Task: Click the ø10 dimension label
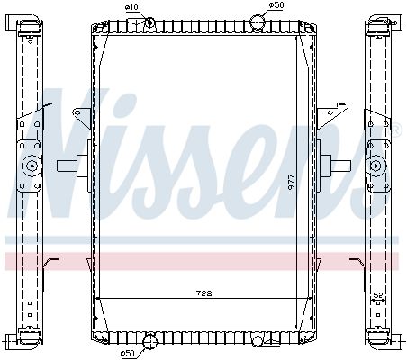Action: [x=131, y=7]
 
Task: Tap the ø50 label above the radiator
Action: [x=276, y=5]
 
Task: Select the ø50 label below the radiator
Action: [x=127, y=354]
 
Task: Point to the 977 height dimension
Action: [x=291, y=182]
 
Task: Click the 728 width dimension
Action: [x=204, y=292]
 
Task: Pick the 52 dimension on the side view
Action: [x=378, y=295]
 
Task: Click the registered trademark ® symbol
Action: [x=396, y=130]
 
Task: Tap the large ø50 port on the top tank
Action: [x=258, y=22]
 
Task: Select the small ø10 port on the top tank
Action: [x=149, y=22]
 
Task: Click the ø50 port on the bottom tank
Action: [x=149, y=342]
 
